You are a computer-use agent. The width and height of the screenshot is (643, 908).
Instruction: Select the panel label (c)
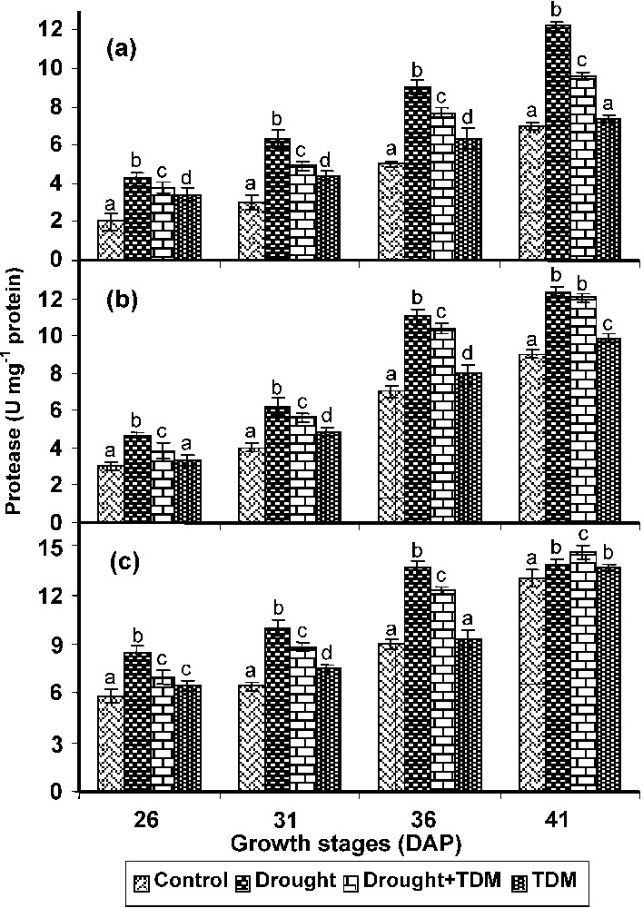pyautogui.click(x=121, y=560)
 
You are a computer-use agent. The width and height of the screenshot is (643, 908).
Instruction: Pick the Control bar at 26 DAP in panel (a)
pyautogui.click(x=111, y=240)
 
